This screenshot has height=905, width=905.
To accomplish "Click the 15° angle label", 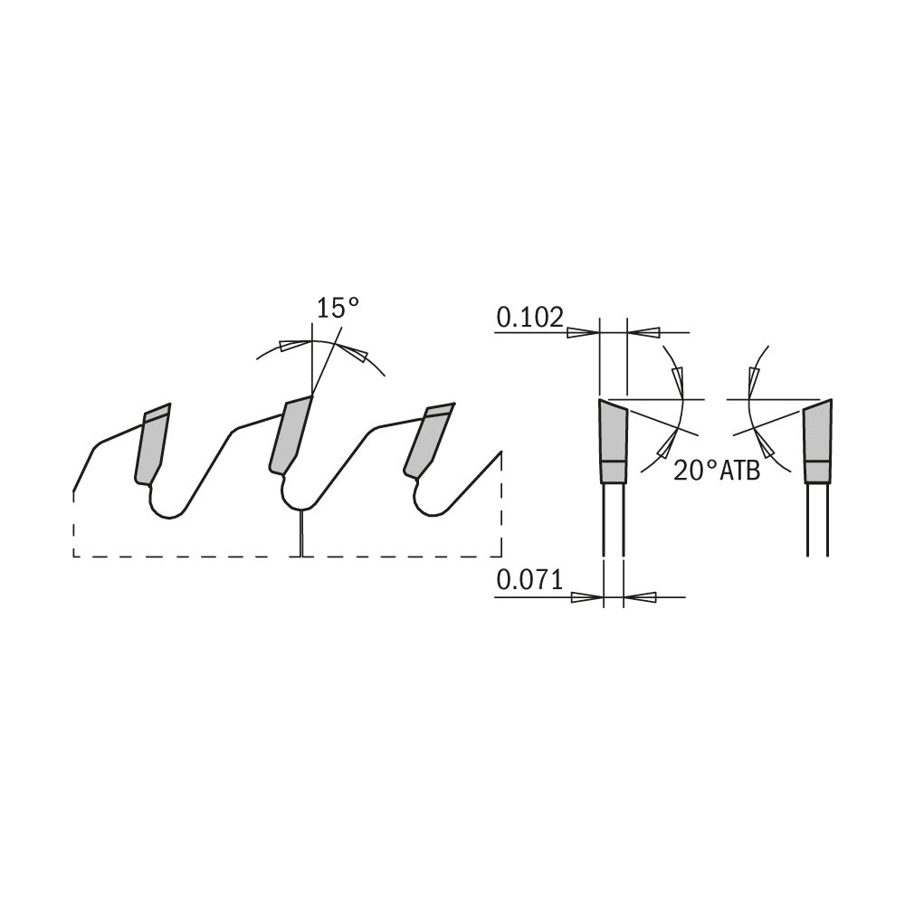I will [x=337, y=308].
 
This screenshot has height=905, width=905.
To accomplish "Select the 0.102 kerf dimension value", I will [x=529, y=317].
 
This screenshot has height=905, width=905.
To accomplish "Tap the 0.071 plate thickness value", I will [x=529, y=580].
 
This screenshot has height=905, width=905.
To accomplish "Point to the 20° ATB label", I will [x=716, y=472].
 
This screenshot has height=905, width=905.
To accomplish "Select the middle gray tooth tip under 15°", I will [x=291, y=434].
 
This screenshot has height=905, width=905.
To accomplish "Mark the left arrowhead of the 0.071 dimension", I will [x=586, y=597].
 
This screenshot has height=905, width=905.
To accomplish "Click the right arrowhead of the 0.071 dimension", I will [x=641, y=597].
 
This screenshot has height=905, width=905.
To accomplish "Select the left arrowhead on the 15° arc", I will [x=292, y=346].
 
